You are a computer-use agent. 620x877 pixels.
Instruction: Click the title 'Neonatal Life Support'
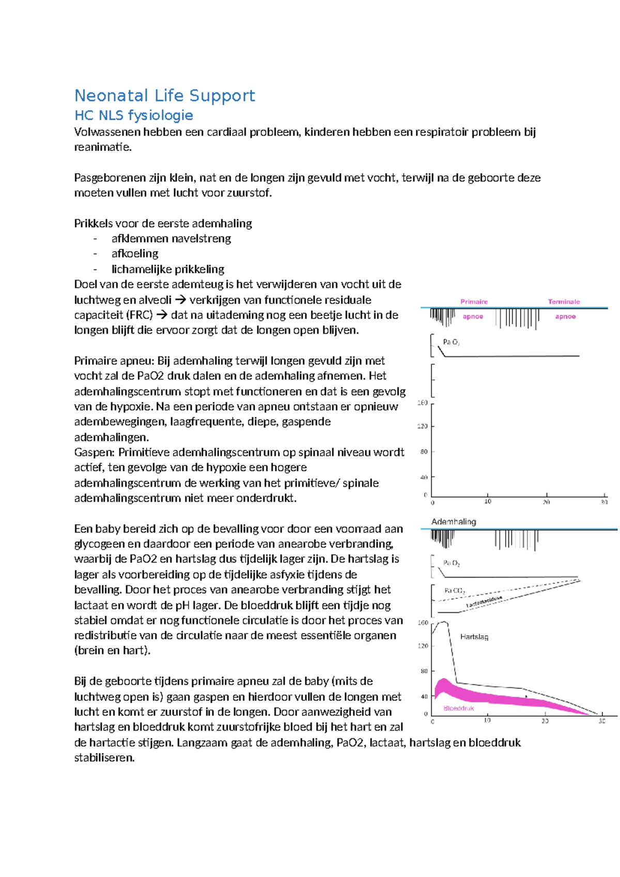pyautogui.click(x=164, y=96)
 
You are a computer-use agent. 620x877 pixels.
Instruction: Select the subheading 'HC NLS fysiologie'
pyautogui.click(x=133, y=115)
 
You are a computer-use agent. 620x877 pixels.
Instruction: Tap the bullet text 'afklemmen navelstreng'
pyautogui.click(x=171, y=238)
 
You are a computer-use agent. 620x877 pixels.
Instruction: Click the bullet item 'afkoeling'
pyautogui.click(x=135, y=253)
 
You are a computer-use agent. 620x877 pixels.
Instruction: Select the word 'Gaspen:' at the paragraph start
pyautogui.click(x=95, y=452)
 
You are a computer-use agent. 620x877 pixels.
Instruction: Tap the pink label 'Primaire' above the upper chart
pyautogui.click(x=474, y=301)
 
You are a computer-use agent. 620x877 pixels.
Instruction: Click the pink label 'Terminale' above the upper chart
pyautogui.click(x=564, y=301)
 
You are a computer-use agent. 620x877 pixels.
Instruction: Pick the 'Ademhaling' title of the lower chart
pyautogui.click(x=453, y=521)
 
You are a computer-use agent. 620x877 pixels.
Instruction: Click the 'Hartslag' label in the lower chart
pyautogui.click(x=474, y=637)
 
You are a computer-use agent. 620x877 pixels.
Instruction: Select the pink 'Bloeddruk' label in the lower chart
pyautogui.click(x=458, y=708)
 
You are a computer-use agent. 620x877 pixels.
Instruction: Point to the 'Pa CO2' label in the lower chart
pyautogui.click(x=455, y=591)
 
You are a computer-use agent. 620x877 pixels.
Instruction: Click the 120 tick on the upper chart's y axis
pyautogui.click(x=423, y=426)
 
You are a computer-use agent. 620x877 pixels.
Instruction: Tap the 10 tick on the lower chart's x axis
pyautogui.click(x=487, y=720)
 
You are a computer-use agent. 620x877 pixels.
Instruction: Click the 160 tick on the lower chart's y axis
pyautogui.click(x=423, y=623)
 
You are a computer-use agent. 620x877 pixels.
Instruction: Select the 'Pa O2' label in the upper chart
pyautogui.click(x=451, y=342)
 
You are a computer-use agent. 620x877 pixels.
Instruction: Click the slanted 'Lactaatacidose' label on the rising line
pyautogui.click(x=484, y=601)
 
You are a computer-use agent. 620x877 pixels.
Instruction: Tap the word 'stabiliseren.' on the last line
pyautogui.click(x=104, y=758)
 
